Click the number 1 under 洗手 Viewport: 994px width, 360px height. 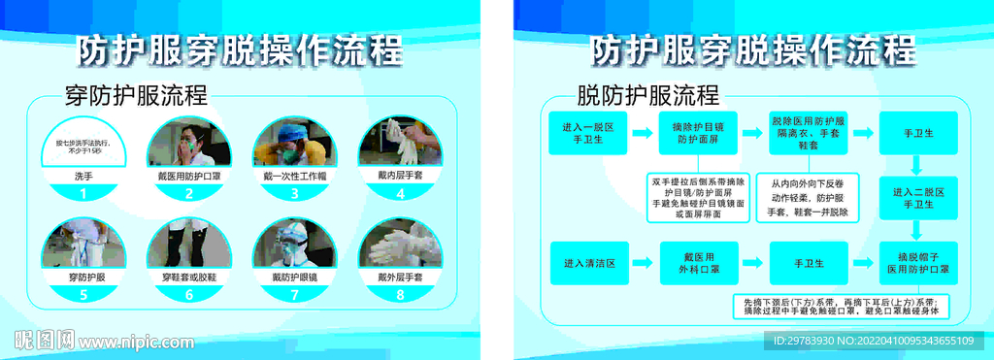tap(83, 194)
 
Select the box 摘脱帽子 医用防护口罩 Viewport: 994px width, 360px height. tap(918, 262)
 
